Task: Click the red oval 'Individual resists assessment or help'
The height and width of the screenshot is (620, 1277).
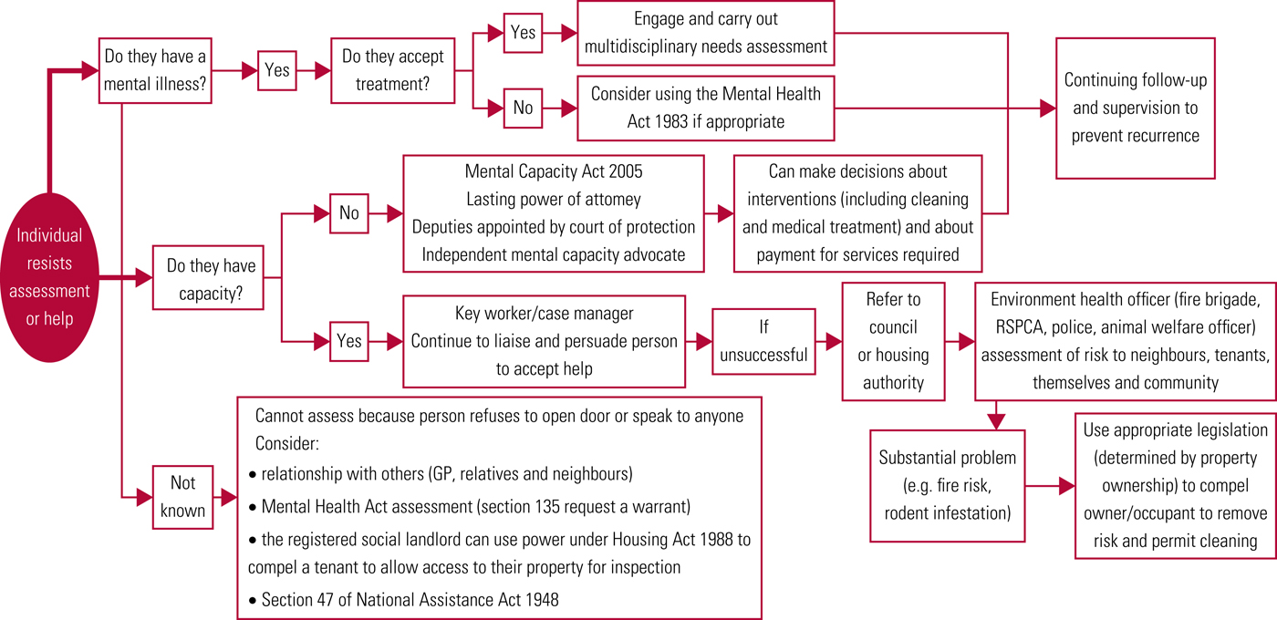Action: [55, 277]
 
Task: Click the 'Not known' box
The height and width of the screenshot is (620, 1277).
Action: [182, 498]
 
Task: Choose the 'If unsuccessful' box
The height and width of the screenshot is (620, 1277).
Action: [763, 341]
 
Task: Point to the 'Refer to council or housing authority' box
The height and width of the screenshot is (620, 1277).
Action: [893, 341]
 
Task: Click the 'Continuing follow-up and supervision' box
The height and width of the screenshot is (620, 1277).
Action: [1136, 108]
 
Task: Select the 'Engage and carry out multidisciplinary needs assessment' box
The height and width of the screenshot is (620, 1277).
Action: [705, 33]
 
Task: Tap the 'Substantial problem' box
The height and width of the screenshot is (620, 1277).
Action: [948, 485]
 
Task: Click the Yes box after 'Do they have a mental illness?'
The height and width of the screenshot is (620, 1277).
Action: [276, 70]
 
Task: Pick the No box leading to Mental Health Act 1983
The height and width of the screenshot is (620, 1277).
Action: [523, 108]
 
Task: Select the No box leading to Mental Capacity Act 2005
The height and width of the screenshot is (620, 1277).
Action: [349, 213]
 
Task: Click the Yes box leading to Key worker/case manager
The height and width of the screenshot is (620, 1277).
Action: [349, 342]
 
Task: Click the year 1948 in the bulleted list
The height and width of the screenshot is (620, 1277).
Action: [540, 599]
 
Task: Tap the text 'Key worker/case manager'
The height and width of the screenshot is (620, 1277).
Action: [544, 314]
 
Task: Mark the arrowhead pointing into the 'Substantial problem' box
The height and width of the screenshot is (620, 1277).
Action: [996, 420]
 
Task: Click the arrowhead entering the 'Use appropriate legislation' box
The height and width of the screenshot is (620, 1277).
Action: [1067, 487]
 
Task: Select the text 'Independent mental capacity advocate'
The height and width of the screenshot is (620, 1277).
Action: [554, 254]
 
